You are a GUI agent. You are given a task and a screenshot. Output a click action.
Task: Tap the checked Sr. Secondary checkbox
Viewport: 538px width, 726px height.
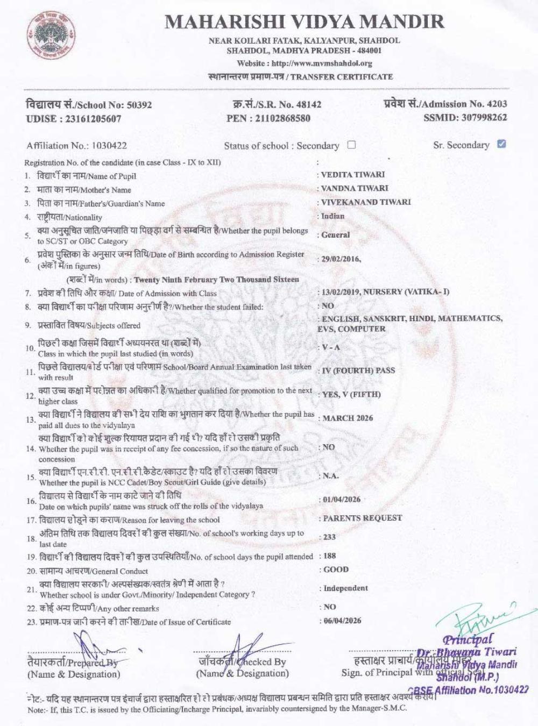tap(501, 144)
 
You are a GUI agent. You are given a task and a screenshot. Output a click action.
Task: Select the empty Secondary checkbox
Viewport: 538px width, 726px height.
tap(351, 145)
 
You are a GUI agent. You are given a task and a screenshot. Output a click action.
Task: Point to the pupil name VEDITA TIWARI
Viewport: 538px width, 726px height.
tap(352, 175)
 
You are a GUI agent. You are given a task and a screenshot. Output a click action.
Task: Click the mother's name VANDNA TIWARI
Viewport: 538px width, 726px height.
tap(355, 188)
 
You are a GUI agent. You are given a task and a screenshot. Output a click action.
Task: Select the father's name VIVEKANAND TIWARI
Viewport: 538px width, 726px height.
tap(366, 202)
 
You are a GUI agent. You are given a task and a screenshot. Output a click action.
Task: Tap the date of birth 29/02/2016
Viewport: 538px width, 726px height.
tap(341, 259)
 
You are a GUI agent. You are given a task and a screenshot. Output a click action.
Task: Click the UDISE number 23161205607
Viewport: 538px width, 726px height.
tap(89, 119)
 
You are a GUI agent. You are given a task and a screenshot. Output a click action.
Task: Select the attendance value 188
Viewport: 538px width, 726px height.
tap(330, 556)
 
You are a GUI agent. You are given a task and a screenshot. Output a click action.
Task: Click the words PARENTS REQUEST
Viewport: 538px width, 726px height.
tap(362, 518)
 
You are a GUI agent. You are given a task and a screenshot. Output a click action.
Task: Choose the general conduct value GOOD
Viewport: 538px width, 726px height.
tap(336, 570)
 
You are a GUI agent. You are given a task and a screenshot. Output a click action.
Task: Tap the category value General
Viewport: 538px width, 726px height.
tap(335, 235)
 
